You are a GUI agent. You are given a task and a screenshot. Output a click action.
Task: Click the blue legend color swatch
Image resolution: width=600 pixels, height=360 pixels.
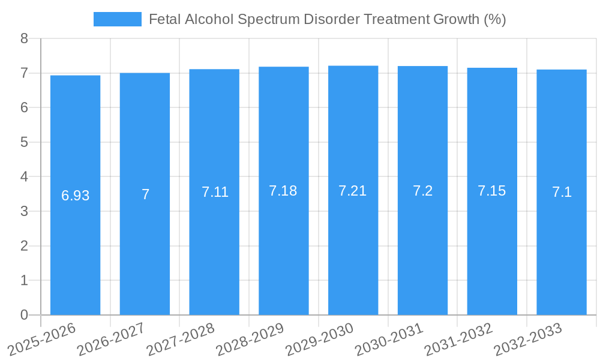pos(118,19)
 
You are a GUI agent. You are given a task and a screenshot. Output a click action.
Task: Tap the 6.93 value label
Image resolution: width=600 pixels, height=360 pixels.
pos(76,196)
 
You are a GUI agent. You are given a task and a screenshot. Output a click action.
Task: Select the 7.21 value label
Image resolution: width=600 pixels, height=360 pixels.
pos(353,191)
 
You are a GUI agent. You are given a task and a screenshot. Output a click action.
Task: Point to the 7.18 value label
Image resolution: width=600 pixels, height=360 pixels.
pos(283,191)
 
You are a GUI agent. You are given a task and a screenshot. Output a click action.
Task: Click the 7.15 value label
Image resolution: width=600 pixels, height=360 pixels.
pos(492,191)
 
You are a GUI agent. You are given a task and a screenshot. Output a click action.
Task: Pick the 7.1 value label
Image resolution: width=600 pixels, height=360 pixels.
pos(562,192)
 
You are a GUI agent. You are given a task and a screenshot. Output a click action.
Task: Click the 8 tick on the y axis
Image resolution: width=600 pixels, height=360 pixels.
pos(24,38)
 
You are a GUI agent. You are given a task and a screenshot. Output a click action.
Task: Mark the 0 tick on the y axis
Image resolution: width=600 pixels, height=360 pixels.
pos(24,315)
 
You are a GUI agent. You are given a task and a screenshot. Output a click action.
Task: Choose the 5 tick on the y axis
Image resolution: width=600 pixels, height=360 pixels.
pos(24,142)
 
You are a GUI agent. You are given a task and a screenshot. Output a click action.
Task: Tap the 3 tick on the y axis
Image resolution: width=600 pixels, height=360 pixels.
pos(24,211)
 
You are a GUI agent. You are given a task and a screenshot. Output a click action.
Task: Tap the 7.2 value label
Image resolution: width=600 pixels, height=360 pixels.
pos(422,191)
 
